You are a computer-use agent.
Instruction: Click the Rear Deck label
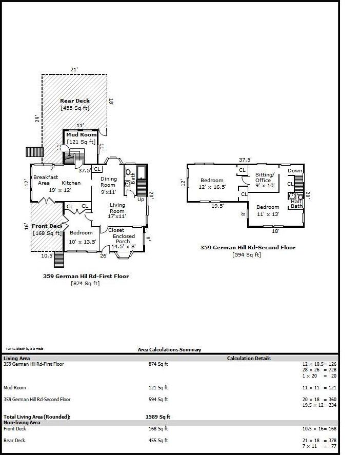pyautogui.click(x=75, y=101)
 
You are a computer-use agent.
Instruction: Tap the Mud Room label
pyautogui.click(x=81, y=135)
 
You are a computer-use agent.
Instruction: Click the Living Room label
pyautogui.click(x=117, y=211)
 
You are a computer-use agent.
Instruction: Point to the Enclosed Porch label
pyautogui.click(x=124, y=239)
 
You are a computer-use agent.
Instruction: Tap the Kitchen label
pyautogui.click(x=71, y=183)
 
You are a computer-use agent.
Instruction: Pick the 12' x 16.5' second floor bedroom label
pyautogui.click(x=212, y=184)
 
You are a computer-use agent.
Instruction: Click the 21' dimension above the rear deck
pyautogui.click(x=74, y=69)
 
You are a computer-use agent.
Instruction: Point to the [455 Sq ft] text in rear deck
pyautogui.click(x=75, y=108)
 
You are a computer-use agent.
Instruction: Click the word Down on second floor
pyautogui.click(x=295, y=171)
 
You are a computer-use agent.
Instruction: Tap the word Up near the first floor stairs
pyautogui.click(x=141, y=199)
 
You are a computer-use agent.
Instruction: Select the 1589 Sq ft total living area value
pyautogui.click(x=158, y=417)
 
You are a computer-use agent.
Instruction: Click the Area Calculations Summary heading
pyautogui.click(x=169, y=350)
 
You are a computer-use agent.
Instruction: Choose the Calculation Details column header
pyautogui.click(x=249, y=359)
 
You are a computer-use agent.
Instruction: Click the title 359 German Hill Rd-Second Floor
pyautogui.click(x=248, y=248)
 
